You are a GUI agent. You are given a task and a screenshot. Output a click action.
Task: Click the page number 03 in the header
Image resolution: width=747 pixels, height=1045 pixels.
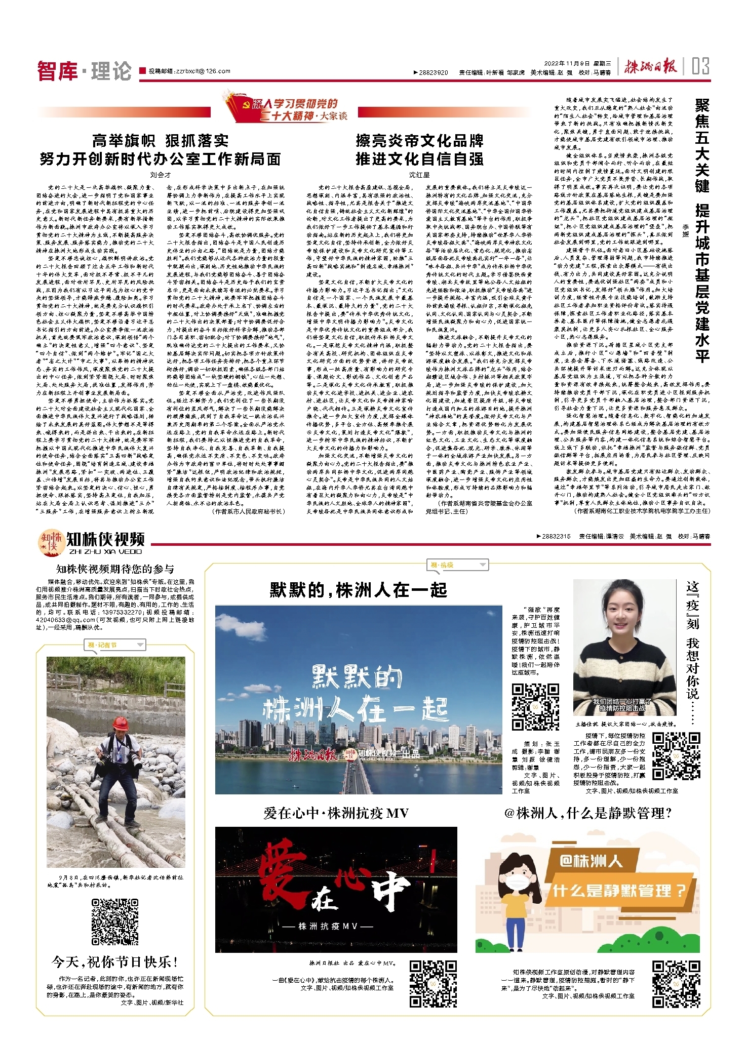tap(700, 66)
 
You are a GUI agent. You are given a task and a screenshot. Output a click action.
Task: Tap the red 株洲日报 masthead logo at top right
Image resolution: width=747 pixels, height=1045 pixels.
tap(650, 66)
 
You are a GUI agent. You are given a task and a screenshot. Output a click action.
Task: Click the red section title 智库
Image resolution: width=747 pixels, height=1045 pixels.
tap(57, 70)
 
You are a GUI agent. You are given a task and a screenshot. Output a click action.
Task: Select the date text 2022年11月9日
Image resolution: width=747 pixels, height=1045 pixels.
tap(567, 64)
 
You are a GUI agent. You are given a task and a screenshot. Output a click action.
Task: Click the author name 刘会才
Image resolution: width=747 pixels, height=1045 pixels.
tap(160, 175)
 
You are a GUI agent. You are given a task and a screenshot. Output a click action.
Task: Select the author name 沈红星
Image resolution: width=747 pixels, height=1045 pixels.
tap(419, 175)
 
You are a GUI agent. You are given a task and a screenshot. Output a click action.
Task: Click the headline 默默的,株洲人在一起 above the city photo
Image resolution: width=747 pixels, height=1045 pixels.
tap(358, 590)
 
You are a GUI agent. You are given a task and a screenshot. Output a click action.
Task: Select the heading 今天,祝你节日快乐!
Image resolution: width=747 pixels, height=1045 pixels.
tap(115, 961)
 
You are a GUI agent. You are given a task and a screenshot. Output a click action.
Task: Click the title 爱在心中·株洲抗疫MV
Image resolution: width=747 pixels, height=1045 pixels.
tap(336, 814)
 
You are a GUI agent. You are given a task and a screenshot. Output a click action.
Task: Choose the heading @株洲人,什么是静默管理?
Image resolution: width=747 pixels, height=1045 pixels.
tap(588, 814)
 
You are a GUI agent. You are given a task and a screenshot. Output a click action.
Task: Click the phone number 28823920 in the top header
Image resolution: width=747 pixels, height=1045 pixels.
tap(433, 72)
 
